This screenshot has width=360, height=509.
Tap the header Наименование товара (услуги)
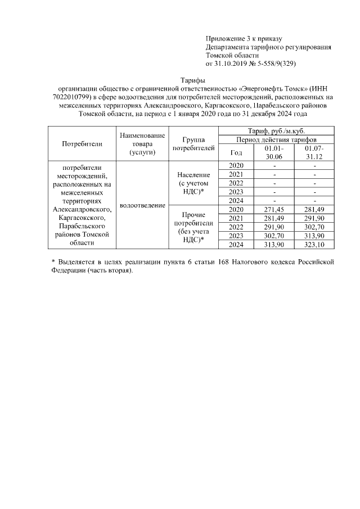(142, 144)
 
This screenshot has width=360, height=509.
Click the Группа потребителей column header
(193, 144)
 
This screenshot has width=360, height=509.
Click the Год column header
(236, 152)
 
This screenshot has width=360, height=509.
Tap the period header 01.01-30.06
(274, 152)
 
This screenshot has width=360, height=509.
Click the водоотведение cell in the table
(142, 205)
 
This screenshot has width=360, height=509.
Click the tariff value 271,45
(274, 210)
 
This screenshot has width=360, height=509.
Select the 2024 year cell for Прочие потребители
(236, 245)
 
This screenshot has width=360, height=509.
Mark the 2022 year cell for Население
(236, 183)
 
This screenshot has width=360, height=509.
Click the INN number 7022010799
(69, 97)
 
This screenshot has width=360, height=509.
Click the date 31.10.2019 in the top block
(232, 64)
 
